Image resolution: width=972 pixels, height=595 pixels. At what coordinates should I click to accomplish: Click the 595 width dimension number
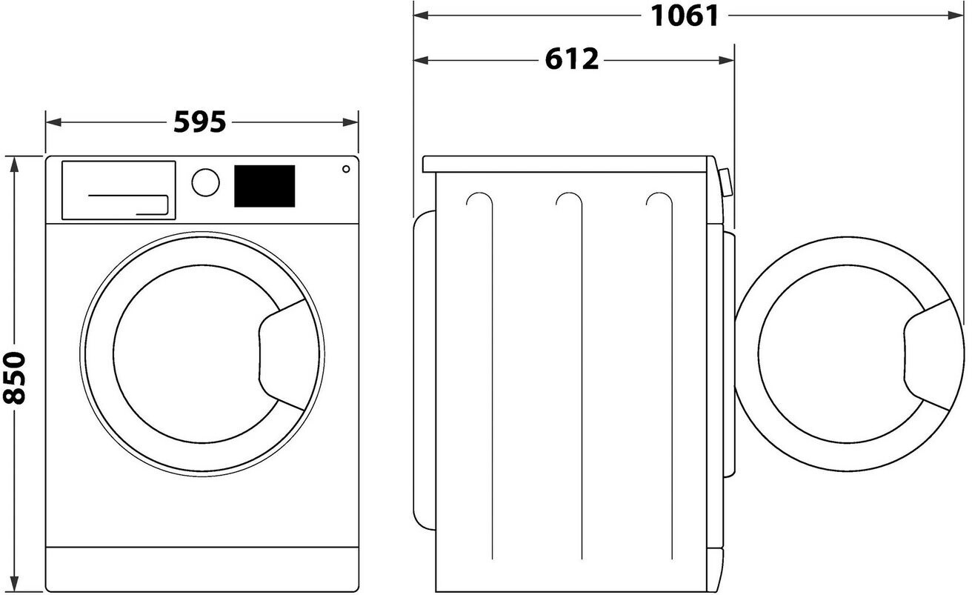pyautogui.click(x=199, y=122)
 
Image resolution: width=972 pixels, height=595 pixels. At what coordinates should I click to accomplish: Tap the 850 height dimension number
pyautogui.click(x=14, y=378)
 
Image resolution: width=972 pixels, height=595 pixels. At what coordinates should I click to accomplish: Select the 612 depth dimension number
pyautogui.click(x=571, y=59)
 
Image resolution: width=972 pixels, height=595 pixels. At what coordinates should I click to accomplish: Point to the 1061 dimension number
pyautogui.click(x=685, y=16)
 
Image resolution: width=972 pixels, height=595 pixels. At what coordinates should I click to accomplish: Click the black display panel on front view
pyautogui.click(x=264, y=186)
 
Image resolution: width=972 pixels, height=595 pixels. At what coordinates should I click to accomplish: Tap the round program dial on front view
pyautogui.click(x=205, y=182)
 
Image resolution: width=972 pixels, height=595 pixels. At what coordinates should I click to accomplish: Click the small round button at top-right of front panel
pyautogui.click(x=346, y=169)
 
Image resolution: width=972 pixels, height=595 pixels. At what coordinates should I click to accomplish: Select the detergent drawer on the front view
pyautogui.click(x=119, y=190)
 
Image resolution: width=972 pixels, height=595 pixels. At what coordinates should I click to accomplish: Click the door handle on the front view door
pyautogui.click(x=282, y=355)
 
